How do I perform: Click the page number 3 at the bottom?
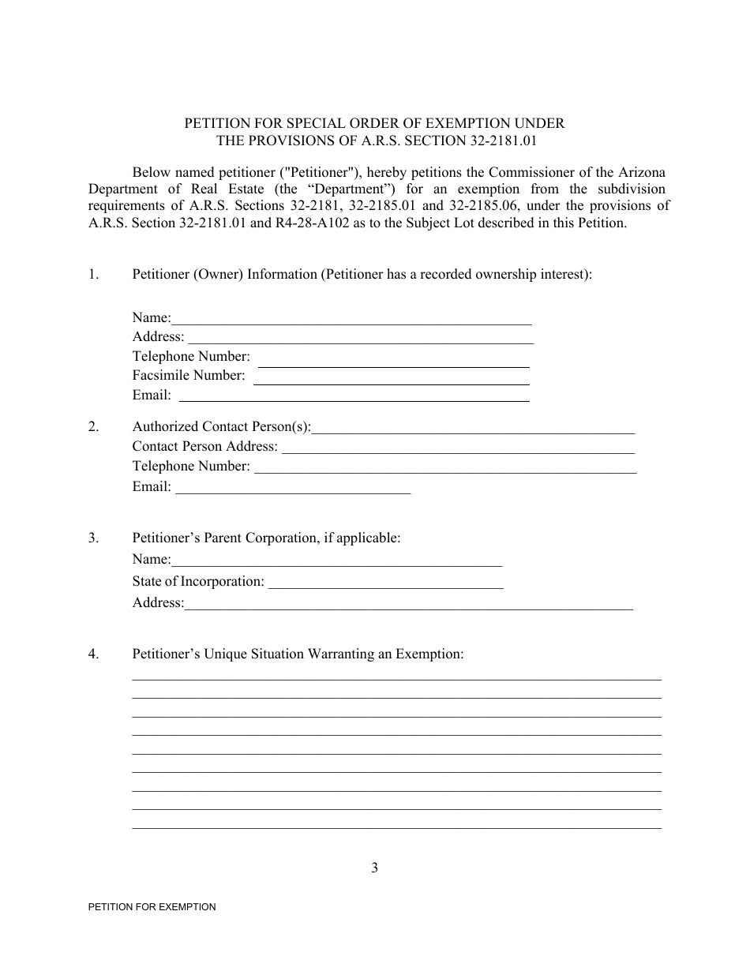(x=374, y=868)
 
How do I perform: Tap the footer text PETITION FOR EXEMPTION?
(x=152, y=907)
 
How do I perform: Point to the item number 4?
(x=93, y=654)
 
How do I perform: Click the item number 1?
(x=93, y=275)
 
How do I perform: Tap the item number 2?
(x=93, y=427)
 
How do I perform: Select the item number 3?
(x=93, y=538)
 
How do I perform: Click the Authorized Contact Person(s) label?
(x=221, y=427)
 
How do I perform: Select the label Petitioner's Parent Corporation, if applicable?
(x=266, y=538)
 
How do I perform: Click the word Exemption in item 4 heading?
(x=428, y=654)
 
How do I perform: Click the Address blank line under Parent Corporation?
(x=408, y=605)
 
